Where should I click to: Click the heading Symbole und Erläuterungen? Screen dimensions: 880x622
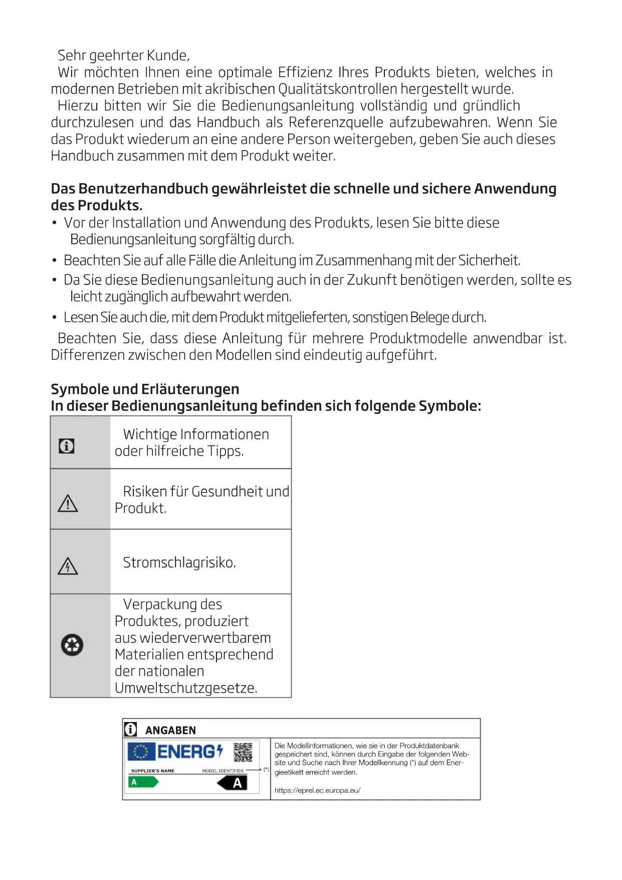(145, 389)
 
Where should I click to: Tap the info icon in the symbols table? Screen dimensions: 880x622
(67, 446)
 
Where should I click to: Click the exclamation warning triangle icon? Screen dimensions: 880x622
(68, 503)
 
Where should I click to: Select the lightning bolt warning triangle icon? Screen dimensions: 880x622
(68, 566)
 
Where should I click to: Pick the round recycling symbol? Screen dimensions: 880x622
(72, 645)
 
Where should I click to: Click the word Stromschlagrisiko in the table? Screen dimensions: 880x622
(179, 562)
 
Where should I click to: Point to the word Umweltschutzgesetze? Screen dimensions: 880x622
(185, 688)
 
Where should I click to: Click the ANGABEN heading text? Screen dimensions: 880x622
(170, 730)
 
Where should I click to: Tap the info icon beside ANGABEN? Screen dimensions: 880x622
(130, 729)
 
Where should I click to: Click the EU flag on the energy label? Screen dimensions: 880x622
(141, 752)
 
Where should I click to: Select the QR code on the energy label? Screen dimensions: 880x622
(243, 752)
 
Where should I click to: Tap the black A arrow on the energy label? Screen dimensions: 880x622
(233, 783)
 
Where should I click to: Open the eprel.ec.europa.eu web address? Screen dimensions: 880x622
(317, 790)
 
